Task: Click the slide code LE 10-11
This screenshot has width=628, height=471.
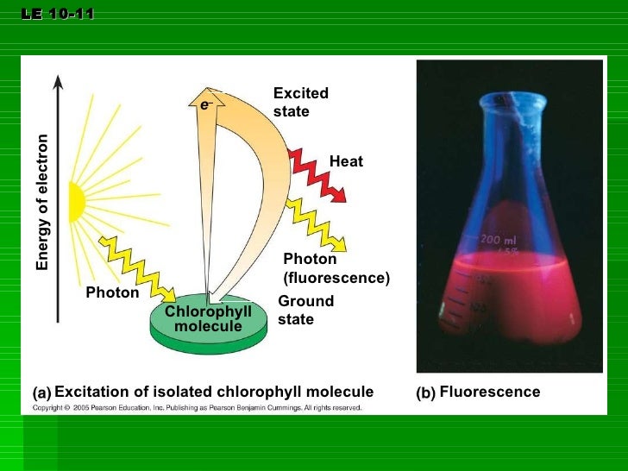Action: click(58, 15)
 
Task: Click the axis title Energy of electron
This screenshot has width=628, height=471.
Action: click(42, 204)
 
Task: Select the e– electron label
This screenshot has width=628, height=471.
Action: click(206, 104)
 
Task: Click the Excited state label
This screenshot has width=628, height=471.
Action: click(300, 103)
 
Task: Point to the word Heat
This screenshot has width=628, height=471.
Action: click(346, 161)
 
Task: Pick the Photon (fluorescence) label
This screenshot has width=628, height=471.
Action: click(336, 268)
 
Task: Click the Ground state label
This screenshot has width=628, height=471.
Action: click(305, 310)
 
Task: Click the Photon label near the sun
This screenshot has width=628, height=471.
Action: click(112, 292)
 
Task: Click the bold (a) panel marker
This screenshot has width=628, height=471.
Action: click(41, 392)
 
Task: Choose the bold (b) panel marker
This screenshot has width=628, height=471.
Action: click(425, 392)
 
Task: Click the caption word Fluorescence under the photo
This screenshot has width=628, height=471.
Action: click(489, 392)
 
